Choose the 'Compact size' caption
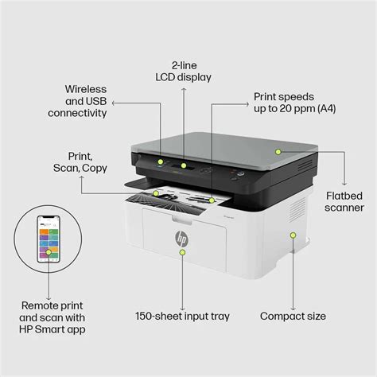click(x=294, y=316)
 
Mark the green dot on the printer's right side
click(x=293, y=235)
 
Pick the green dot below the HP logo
click(x=182, y=251)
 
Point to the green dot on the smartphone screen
click(x=49, y=252)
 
